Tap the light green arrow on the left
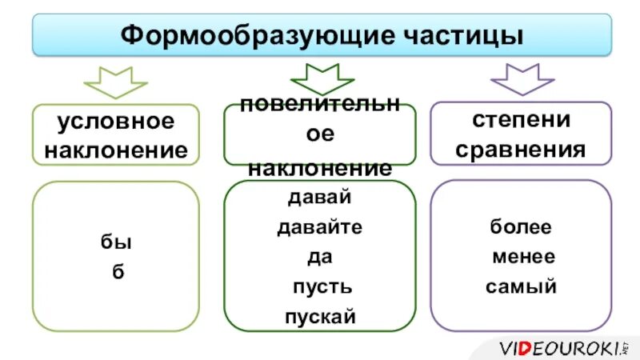(116, 81)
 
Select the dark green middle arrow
(322, 79)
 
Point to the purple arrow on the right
(522, 79)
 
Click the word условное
(115, 122)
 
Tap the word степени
(522, 120)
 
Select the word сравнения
(522, 149)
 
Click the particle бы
(117, 242)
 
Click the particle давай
(319, 197)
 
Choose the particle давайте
(319, 227)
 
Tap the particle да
(319, 257)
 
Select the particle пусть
(320, 286)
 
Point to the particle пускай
(320, 316)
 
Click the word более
(521, 227)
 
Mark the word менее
(523, 257)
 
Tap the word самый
(521, 286)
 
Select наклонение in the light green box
(116, 150)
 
